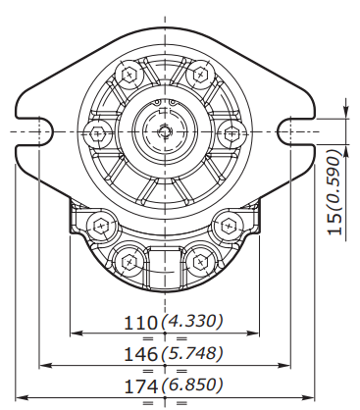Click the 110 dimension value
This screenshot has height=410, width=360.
(x=140, y=323)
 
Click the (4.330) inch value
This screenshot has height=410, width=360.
(x=192, y=321)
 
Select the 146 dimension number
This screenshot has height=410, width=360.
(x=140, y=354)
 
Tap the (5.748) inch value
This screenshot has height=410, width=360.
(x=192, y=353)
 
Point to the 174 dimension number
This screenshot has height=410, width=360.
(x=140, y=386)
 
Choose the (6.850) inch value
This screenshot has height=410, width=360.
(x=192, y=384)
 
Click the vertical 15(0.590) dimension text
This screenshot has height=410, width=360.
(x=334, y=192)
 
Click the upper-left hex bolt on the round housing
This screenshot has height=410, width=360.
(x=129, y=75)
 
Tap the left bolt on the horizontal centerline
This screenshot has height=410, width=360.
(x=97, y=133)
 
